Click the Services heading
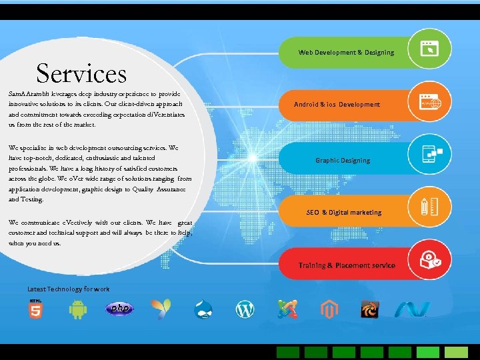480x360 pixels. tap(81, 73)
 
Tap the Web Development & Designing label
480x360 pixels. tap(346, 52)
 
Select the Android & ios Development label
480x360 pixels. tap(337, 105)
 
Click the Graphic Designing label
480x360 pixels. tap(342, 160)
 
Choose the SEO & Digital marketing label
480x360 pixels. tap(344, 213)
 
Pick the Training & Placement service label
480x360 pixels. tap(347, 265)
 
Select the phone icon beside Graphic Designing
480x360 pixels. tap(428, 154)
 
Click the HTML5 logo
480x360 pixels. tap(35, 309)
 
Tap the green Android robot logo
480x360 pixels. tap(78, 309)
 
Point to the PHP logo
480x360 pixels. tap(119, 309)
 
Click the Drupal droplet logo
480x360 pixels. tap(203, 309)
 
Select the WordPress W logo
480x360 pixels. tap(245, 309)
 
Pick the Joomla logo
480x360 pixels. tap(287, 309)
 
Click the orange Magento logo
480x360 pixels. tap(329, 309)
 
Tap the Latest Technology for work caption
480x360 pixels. tap(69, 289)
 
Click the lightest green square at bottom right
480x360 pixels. tap(457, 352)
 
